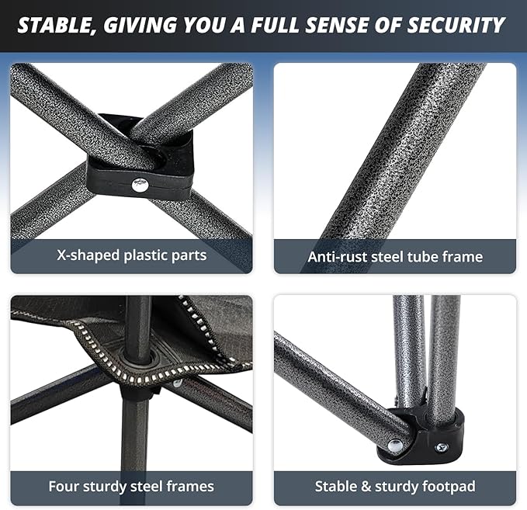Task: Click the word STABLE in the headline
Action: tap(56, 26)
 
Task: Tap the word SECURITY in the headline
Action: tap(456, 25)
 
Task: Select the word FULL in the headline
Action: tap(276, 25)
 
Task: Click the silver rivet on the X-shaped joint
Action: tap(140, 185)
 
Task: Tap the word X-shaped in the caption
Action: tap(88, 255)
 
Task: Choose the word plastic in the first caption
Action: tap(146, 255)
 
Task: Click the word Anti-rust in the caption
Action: tap(336, 256)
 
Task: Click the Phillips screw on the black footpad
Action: tap(442, 447)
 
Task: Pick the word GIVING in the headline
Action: tap(140, 25)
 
